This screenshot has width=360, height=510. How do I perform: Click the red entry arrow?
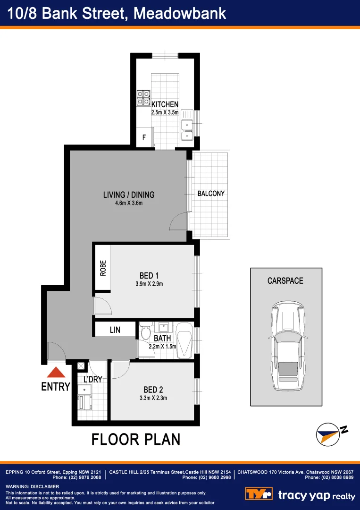[x=55, y=373]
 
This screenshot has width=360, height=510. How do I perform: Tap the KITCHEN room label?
[x=165, y=104]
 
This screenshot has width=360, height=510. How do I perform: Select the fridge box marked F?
[x=144, y=138]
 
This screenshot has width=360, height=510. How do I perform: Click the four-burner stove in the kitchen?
[x=143, y=97]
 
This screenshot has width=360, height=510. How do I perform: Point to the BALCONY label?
[x=211, y=194]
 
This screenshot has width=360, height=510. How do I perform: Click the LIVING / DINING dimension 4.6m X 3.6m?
[x=129, y=204]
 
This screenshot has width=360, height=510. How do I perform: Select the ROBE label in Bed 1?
[x=103, y=268]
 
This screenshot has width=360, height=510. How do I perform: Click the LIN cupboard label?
[x=115, y=330]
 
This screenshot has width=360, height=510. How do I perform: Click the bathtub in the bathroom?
[x=184, y=340]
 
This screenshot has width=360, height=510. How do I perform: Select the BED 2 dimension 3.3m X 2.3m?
[x=153, y=398]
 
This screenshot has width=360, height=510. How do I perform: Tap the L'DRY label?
[x=92, y=380]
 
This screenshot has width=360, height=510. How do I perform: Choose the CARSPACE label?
[x=285, y=280]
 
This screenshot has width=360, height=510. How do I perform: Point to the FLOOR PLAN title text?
[x=136, y=440]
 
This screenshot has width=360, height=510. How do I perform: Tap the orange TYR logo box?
[x=259, y=494]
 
